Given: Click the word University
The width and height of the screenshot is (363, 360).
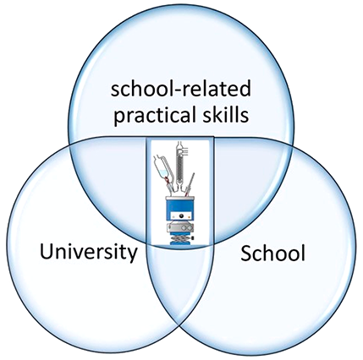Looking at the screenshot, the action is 88,252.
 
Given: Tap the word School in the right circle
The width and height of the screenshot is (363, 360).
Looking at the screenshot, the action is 272,253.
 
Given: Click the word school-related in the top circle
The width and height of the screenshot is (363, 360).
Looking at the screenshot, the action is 180,87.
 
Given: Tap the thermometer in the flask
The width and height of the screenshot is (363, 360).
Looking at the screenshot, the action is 190,184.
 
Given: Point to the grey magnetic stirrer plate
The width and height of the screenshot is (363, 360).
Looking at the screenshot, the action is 180,227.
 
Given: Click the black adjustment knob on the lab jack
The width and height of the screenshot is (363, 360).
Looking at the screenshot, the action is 193,238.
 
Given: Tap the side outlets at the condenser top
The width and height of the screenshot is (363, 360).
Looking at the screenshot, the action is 185,151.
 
